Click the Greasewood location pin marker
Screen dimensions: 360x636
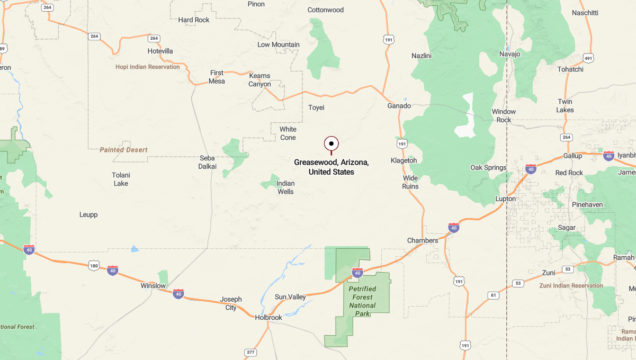click(332, 143)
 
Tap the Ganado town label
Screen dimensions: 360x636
click(399, 106)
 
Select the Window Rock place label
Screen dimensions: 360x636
click(504, 115)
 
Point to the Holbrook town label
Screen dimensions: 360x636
click(268, 318)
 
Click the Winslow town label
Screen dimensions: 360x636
click(153, 286)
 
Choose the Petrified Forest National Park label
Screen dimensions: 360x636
click(362, 301)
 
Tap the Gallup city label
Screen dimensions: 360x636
click(572, 156)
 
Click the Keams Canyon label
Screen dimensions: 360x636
click(260, 80)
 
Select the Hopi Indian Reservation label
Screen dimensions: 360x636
click(148, 67)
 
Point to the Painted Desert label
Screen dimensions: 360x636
click(123, 150)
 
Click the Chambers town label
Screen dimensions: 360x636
click(423, 240)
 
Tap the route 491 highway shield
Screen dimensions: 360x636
click(588, 58)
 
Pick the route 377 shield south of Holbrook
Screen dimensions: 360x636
click(250, 352)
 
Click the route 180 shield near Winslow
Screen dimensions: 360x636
click(94, 265)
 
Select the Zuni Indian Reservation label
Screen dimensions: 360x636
click(571, 285)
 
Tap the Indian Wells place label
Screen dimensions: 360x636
click(285, 187)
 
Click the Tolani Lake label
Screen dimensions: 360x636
click(121, 179)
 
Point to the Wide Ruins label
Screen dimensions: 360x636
click(410, 182)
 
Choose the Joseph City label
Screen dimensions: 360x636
click(231, 303)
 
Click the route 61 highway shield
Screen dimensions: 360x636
click(494, 295)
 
